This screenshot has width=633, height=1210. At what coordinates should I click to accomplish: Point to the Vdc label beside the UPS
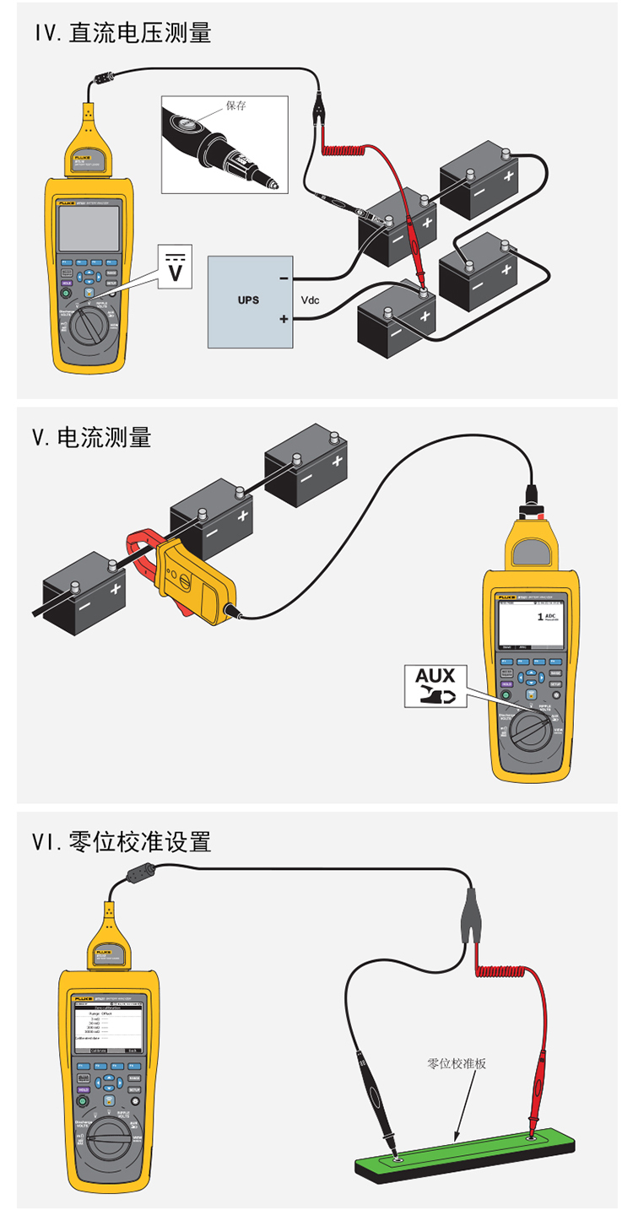click(311, 300)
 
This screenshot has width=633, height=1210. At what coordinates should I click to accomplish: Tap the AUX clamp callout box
click(435, 685)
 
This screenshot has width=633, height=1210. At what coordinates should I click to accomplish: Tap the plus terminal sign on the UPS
click(284, 319)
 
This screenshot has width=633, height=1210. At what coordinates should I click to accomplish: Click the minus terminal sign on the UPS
click(284, 278)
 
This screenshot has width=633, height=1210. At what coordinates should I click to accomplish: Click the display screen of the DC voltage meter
click(88, 228)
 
